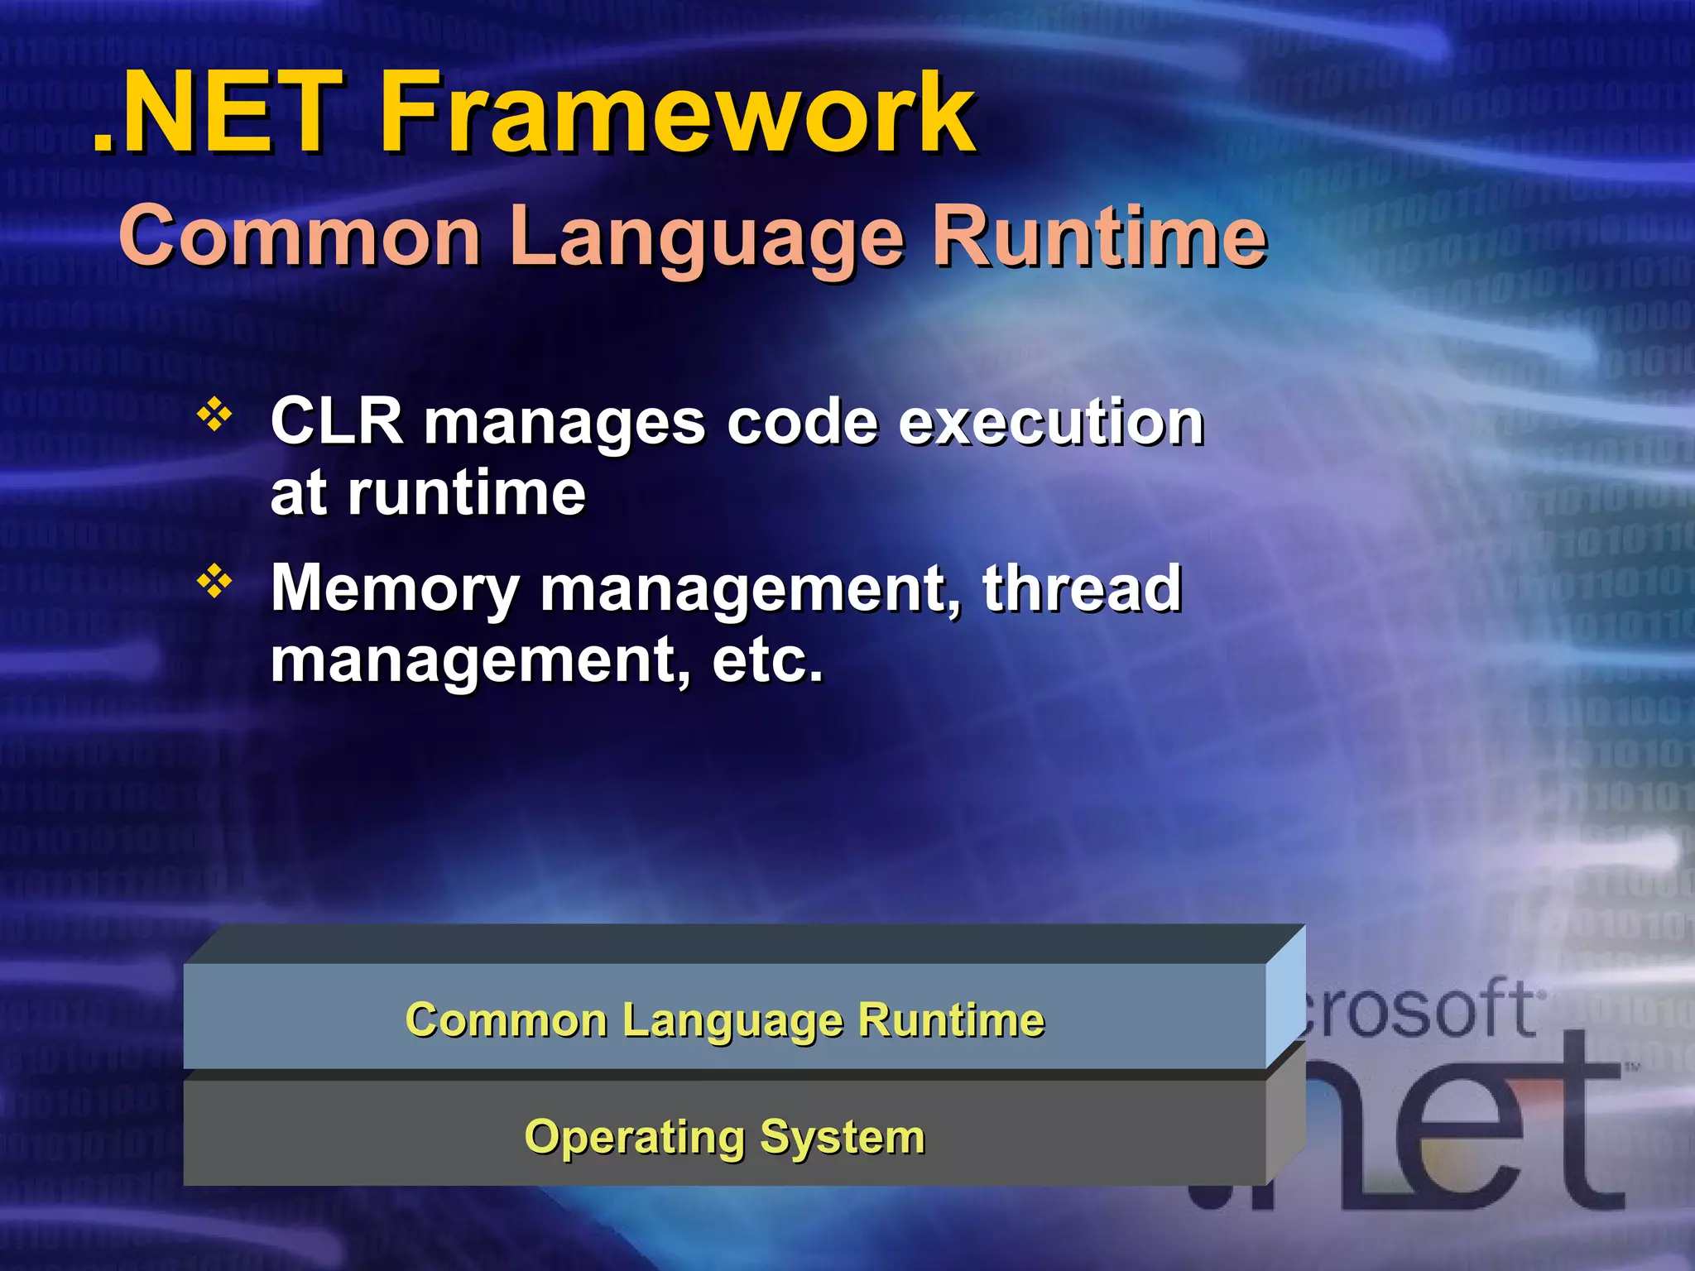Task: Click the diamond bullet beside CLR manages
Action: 214,415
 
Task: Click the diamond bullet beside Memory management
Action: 214,581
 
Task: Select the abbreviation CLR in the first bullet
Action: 336,421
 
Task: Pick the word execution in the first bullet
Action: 1050,421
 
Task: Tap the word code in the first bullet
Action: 801,421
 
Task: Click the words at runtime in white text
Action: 427,493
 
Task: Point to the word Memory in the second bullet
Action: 395,589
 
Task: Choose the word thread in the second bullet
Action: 1082,588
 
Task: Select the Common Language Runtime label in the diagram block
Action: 724,1019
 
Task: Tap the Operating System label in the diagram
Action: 724,1137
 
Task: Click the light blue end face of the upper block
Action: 1285,997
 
